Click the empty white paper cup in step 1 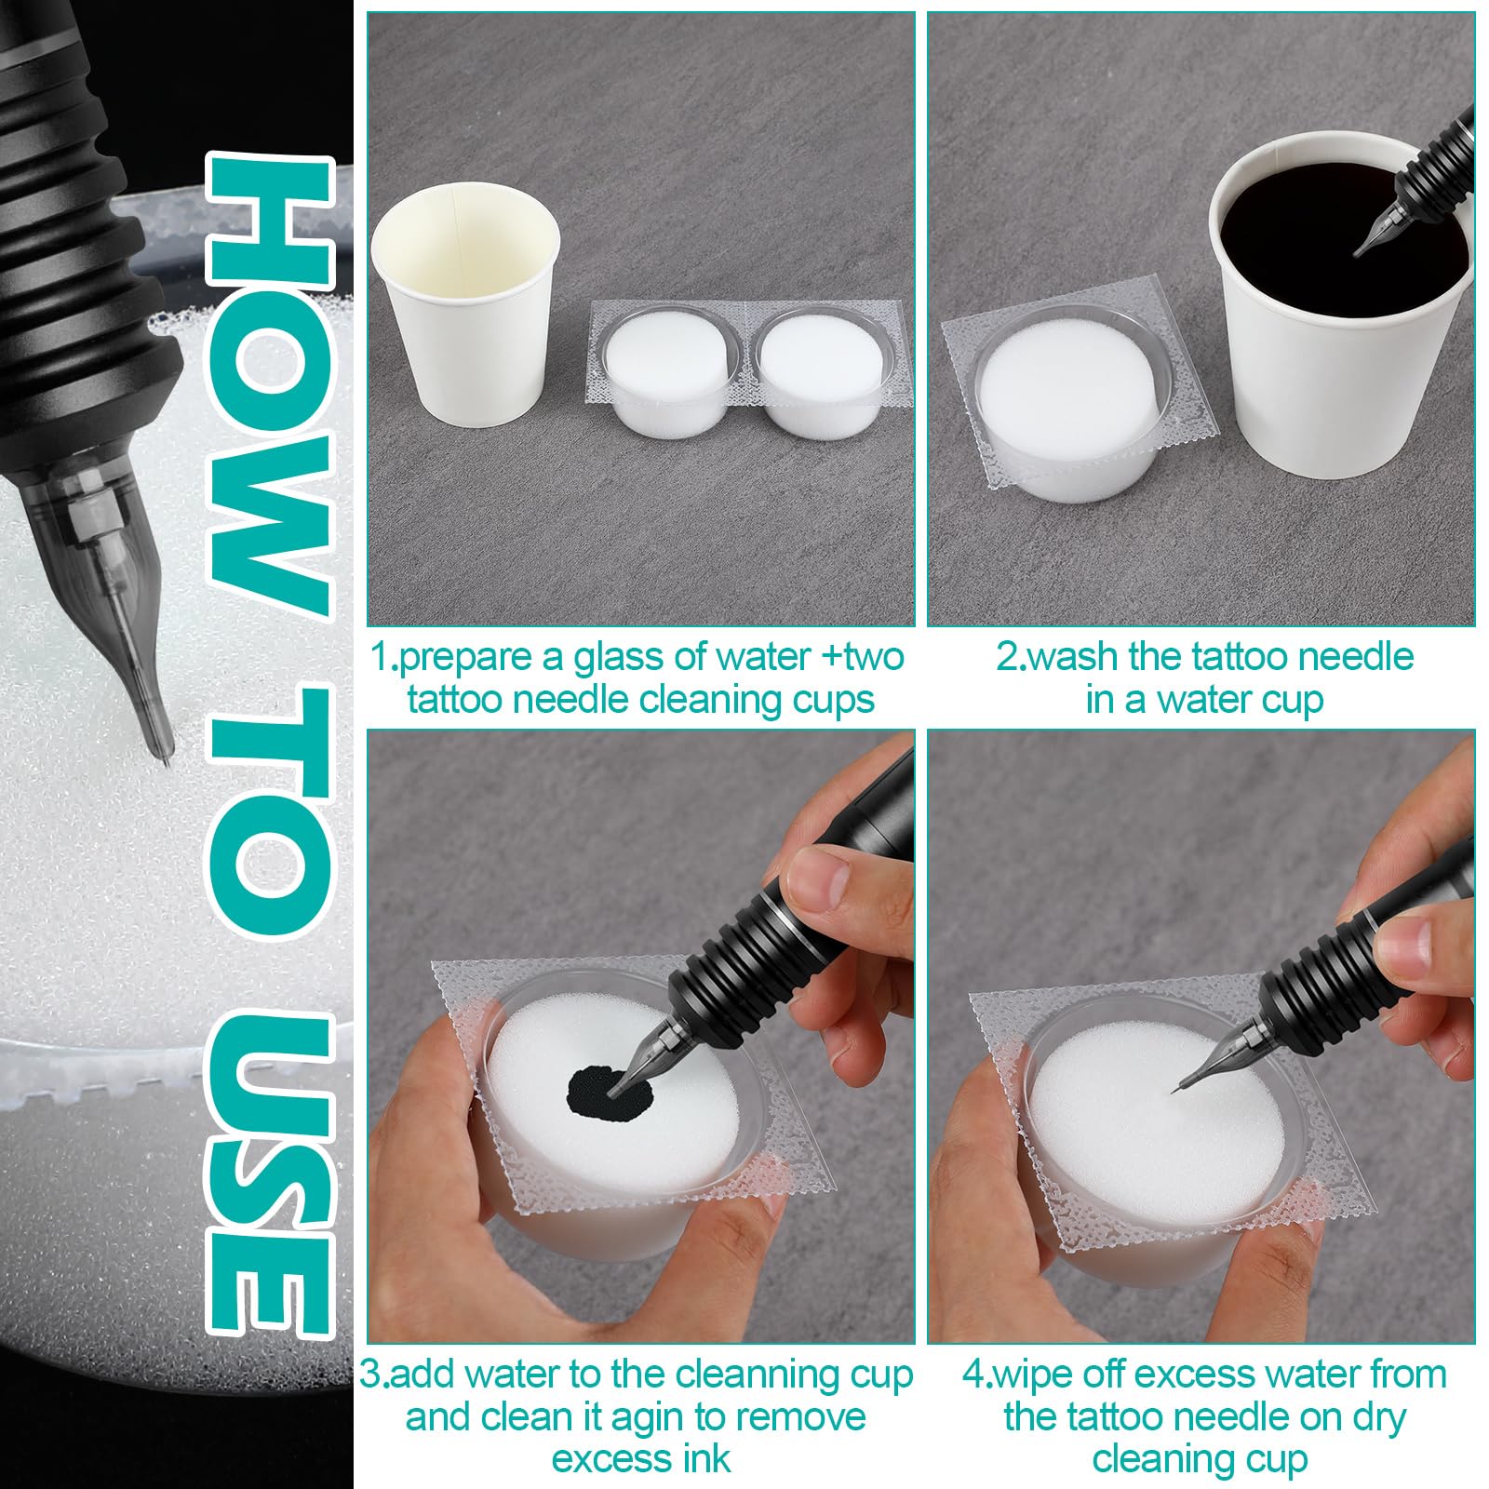[x=465, y=307]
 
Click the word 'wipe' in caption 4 [x=1033, y=1375]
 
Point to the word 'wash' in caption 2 [x=1073, y=657]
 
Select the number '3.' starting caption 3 [x=374, y=1375]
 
